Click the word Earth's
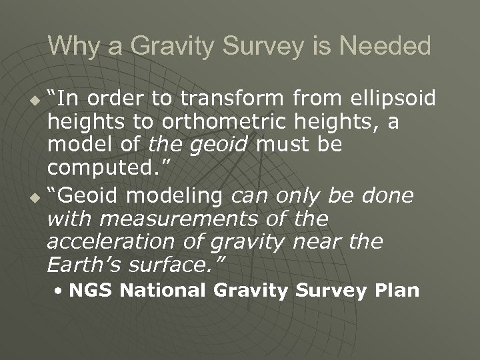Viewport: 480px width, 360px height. [x=73, y=265]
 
